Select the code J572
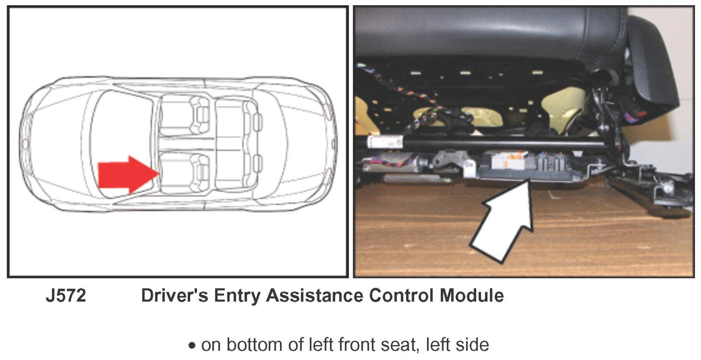point(66,296)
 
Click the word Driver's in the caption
point(174,296)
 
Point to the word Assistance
point(315,296)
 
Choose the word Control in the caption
point(401,296)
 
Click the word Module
point(471,296)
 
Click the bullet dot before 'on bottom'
point(192,346)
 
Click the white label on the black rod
point(385,141)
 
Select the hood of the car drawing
point(57,144)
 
